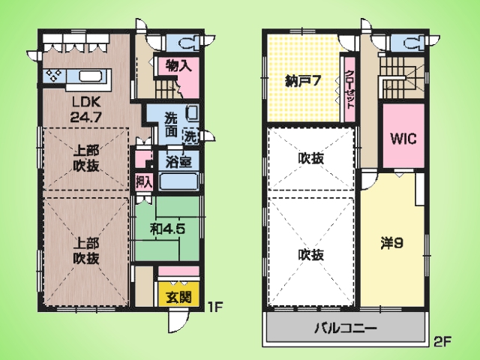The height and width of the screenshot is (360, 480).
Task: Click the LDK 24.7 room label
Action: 85,109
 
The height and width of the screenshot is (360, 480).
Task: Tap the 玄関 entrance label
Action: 178,297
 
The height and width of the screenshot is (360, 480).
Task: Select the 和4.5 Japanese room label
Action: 167,229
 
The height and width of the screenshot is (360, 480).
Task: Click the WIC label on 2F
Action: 403,139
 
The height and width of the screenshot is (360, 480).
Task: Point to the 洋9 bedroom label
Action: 391,243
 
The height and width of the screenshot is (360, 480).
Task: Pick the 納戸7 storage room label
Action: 303,81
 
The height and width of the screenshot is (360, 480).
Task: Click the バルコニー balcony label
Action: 346,328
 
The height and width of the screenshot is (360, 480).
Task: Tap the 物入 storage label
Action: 179,65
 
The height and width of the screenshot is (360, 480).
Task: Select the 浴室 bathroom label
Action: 178,162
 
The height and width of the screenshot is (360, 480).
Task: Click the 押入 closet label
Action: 143,182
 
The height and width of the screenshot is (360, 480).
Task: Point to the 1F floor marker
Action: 214,306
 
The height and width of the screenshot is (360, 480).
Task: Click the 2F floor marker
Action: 442,341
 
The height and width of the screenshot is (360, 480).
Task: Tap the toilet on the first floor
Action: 189,43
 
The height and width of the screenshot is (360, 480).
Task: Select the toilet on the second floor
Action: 414,43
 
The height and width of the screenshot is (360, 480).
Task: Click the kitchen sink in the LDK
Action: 91,76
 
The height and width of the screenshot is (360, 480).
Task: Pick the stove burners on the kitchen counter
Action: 54,76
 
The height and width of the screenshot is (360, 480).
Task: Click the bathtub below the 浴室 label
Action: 178,182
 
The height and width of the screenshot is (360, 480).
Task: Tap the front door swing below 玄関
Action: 178,321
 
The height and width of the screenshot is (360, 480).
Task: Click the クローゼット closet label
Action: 349,89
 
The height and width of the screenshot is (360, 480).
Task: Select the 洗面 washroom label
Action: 171,125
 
